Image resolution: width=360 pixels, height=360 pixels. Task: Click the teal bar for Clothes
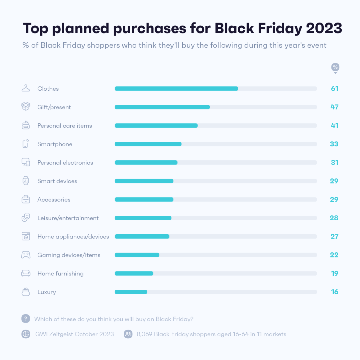pos(176,89)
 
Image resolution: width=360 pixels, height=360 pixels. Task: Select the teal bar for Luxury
pos(131,292)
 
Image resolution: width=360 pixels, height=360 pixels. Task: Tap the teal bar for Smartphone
pos(148,144)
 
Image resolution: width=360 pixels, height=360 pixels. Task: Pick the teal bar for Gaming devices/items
pos(137,255)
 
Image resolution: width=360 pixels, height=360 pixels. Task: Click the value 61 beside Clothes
pos(335,89)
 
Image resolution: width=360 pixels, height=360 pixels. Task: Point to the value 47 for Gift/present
pos(335,107)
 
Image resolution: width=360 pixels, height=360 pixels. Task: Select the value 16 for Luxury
pos(335,292)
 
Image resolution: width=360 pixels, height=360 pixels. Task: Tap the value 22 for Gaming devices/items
pos(335,255)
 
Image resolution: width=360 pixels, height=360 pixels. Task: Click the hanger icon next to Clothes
pos(26,88)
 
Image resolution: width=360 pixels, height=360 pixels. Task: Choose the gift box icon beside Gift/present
pos(26,107)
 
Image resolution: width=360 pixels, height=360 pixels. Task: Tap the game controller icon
pos(26,255)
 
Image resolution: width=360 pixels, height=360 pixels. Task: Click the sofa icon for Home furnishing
pos(26,273)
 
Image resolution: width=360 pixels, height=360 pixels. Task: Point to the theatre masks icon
pos(26,218)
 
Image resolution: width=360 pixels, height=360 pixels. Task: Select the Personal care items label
pos(65,126)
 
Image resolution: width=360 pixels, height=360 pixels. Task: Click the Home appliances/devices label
pos(73,237)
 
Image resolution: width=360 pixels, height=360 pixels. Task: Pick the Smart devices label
pos(57,181)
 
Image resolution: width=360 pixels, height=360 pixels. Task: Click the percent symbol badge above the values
pos(335,67)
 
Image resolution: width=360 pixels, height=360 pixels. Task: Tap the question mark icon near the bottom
pos(26,319)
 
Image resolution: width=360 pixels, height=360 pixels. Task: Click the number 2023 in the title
pos(324,29)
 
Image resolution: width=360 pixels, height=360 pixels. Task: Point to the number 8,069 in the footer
pos(144,334)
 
